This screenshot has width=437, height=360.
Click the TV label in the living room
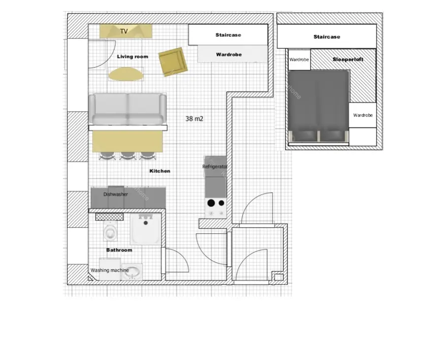pyautogui.click(x=124, y=31)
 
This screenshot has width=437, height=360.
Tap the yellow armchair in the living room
pyautogui.click(x=173, y=62)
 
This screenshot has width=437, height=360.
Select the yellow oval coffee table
pyautogui.click(x=126, y=75)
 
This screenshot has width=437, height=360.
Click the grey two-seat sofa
pyautogui.click(x=127, y=109)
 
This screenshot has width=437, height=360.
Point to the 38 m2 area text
pyautogui.click(x=194, y=119)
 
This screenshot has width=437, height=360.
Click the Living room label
pyautogui.click(x=132, y=56)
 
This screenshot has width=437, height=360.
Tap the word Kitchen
pyautogui.click(x=160, y=171)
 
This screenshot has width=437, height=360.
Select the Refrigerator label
pyautogui.click(x=215, y=166)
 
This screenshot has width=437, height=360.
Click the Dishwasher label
pyautogui.click(x=116, y=194)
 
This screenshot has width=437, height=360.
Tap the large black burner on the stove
pyautogui.click(x=211, y=203)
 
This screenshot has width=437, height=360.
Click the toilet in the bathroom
pyautogui.click(x=111, y=231)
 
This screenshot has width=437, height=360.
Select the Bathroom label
pyautogui.click(x=119, y=250)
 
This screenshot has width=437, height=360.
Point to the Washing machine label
pyautogui.click(x=110, y=270)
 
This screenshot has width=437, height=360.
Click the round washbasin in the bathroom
pyautogui.click(x=132, y=272)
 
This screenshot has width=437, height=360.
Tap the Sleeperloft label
pyautogui.click(x=348, y=59)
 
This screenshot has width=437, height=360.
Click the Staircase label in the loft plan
pyautogui.click(x=327, y=37)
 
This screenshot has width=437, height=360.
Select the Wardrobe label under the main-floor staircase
pyautogui.click(x=229, y=55)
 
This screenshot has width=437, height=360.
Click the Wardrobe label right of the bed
pyautogui.click(x=363, y=115)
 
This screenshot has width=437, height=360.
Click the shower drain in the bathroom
pyautogui.click(x=146, y=223)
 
